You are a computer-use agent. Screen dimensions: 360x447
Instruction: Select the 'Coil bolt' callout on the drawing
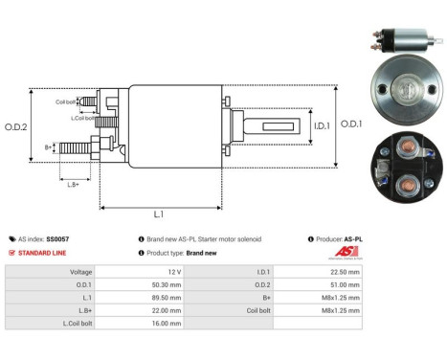pyautogui.click(x=66, y=102)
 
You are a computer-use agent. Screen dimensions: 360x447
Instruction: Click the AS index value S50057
pyautogui.click(x=56, y=238)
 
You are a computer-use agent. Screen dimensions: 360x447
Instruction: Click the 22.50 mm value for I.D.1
pyautogui.click(x=346, y=271)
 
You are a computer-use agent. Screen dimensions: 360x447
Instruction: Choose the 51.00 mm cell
pyautogui.click(x=346, y=284)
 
